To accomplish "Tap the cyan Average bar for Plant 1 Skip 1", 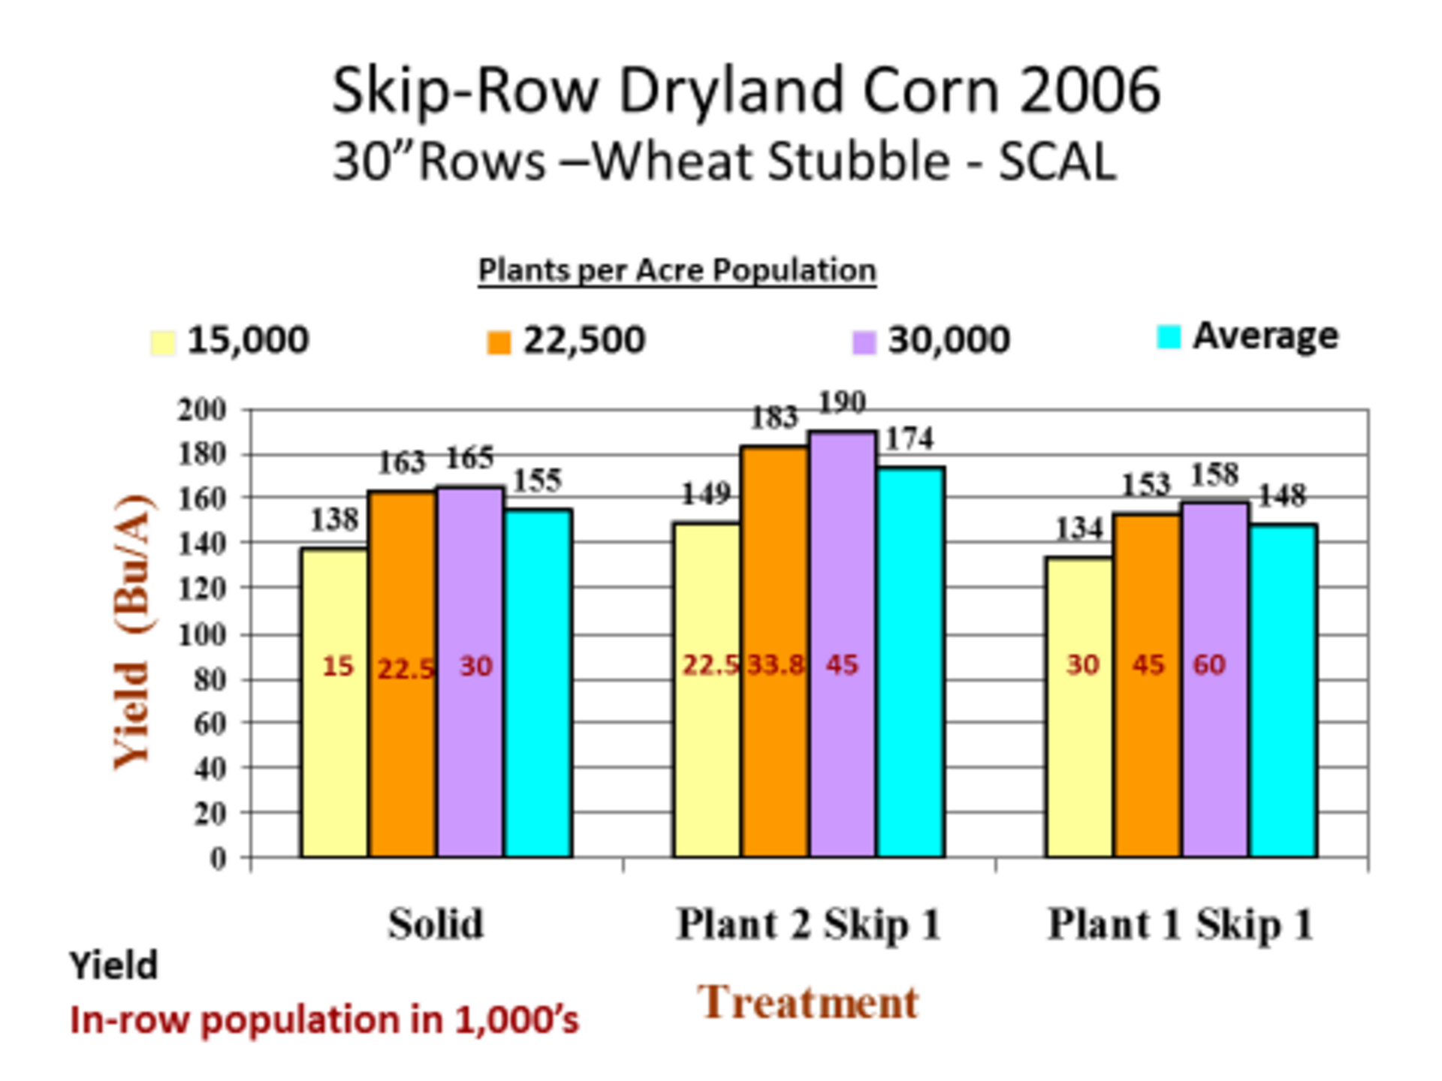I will tap(1284, 691).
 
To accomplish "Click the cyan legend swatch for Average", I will tap(1169, 336).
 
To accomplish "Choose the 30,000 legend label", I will tap(948, 340).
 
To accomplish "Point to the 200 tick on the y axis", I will tap(201, 410).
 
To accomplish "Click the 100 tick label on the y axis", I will tap(201, 635).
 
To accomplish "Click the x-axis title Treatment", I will tap(808, 1003).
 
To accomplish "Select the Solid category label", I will tap(436, 924).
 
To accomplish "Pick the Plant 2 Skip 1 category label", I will tap(808, 924).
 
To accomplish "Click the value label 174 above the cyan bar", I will tap(909, 438).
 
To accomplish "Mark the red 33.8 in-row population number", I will tap(775, 665).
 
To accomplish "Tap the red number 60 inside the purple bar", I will tap(1209, 665).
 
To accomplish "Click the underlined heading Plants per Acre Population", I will tap(677, 270).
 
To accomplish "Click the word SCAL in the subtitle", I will tap(1057, 161).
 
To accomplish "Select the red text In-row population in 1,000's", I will tap(324, 1020).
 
